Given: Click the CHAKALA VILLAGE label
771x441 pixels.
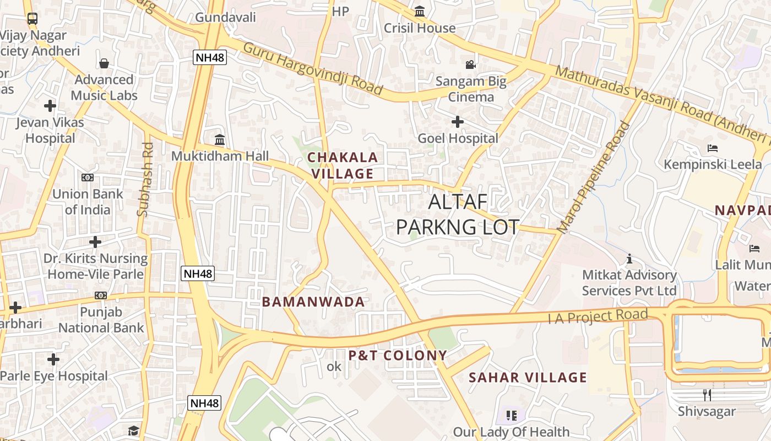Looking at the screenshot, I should pos(343,165).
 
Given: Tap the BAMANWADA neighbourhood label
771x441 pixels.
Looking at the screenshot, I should pos(313,302).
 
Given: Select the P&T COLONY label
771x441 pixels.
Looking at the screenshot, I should pos(397,356).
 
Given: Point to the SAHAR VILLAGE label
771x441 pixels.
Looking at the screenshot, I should pos(528,378).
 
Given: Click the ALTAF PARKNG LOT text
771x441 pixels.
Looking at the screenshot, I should pos(458,214).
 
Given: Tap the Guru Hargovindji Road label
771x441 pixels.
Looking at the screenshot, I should pos(312,68).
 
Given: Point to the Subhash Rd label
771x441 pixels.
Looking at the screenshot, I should pos(145,179).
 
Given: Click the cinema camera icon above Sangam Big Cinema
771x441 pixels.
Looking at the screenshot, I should pos(471,65).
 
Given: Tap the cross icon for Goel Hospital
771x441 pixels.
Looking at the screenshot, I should pos(458,122).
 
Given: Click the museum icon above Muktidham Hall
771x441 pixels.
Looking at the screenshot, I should pos(220,139).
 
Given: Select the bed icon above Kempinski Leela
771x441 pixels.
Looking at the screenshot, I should pos(712,148).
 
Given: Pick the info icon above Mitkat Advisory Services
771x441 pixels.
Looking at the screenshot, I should pos(629,259).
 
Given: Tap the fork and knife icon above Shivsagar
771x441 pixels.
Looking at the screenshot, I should pos(707,395).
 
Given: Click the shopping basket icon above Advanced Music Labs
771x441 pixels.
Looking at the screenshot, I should pos(104,63).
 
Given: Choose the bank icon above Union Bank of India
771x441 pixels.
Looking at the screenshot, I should pos(88,178).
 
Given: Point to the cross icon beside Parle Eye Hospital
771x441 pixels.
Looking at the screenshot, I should pos(53,360).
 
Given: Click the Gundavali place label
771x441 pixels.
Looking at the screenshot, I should pos(226,17).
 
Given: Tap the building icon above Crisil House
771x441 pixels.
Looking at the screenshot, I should pos(420,11).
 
